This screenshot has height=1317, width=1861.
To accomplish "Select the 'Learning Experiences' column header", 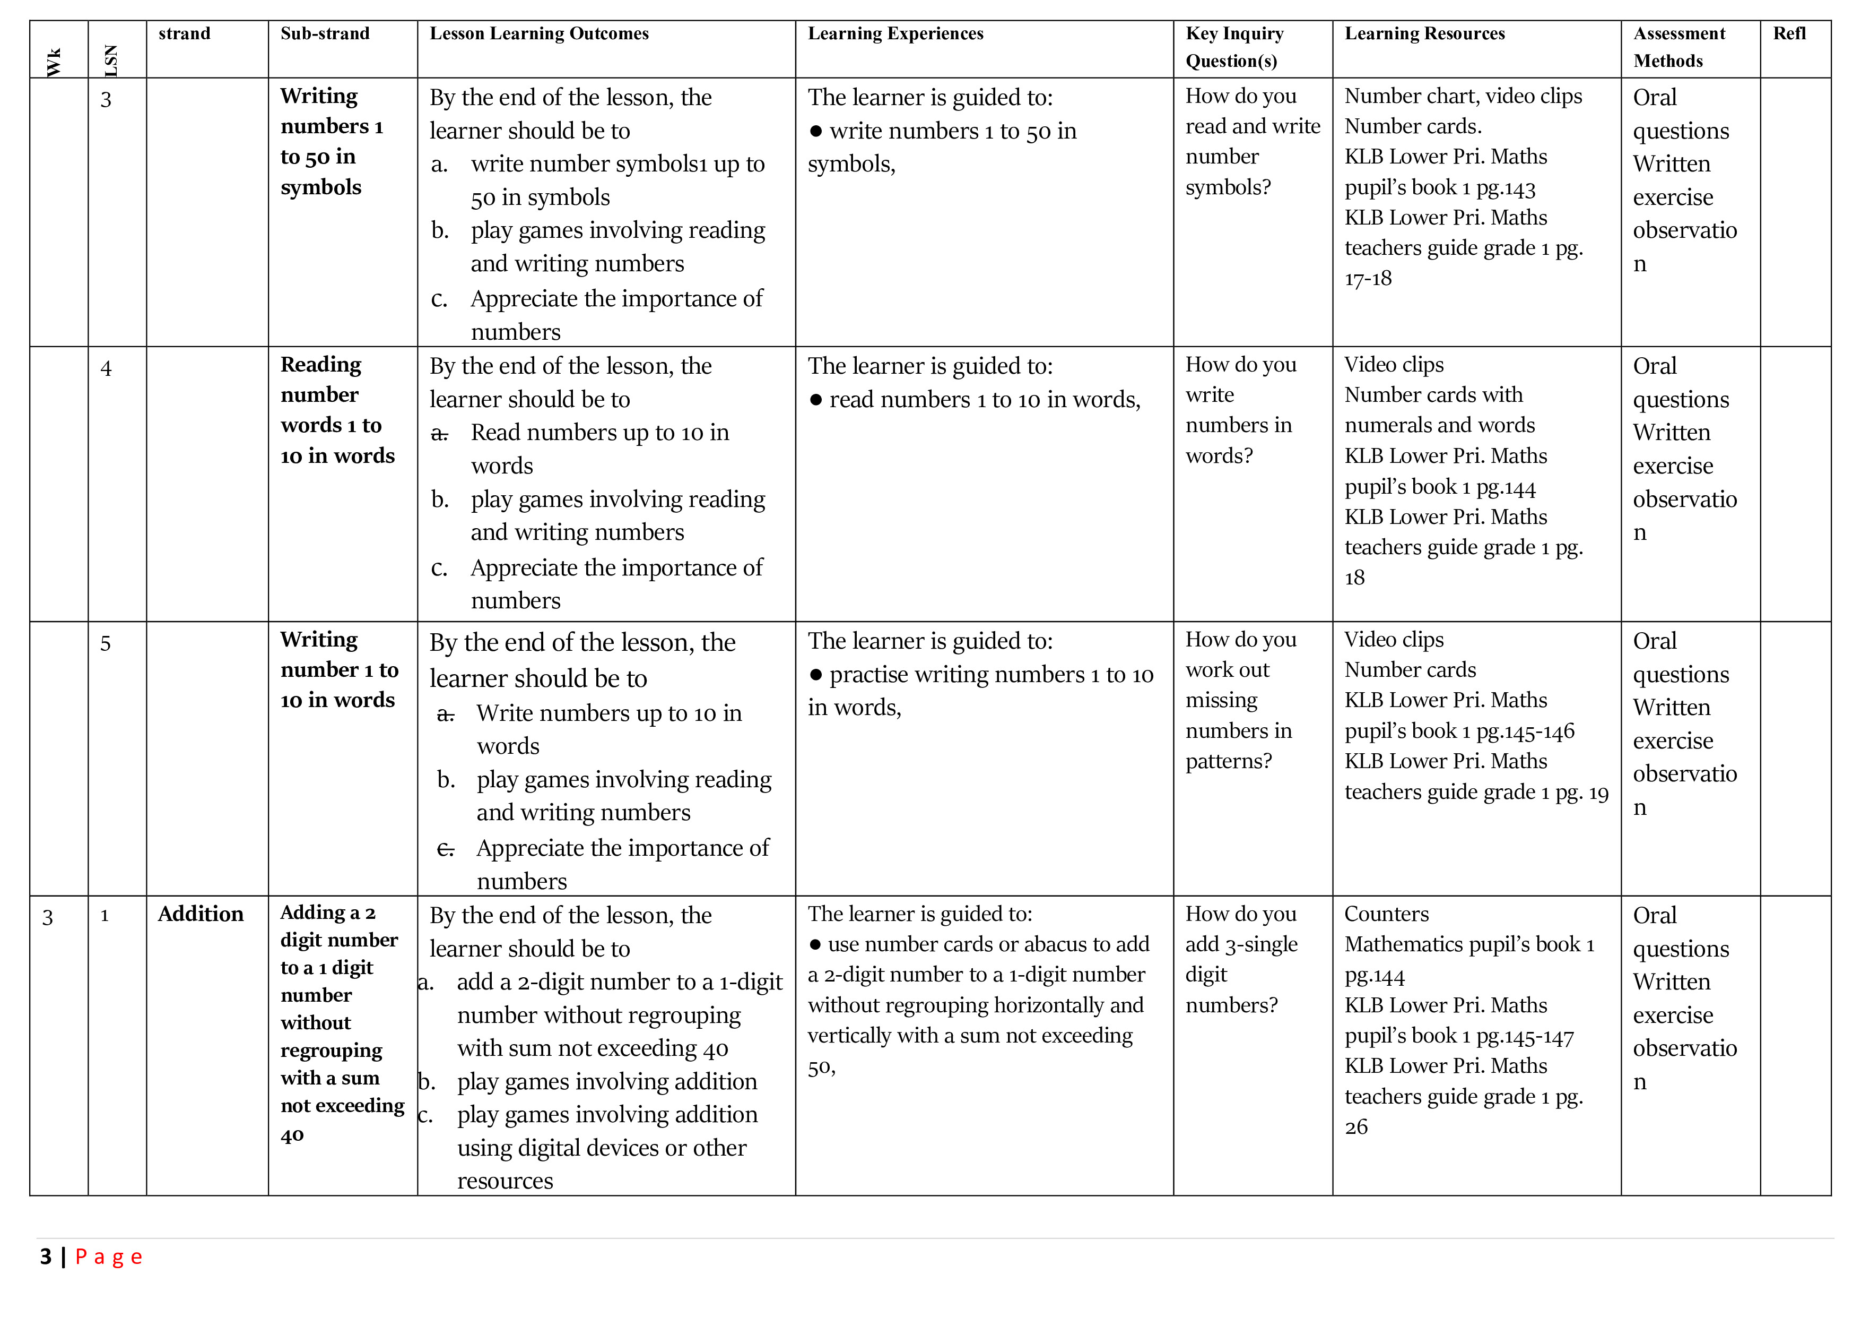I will (895, 33).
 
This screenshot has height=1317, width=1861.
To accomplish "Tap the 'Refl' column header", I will (1789, 33).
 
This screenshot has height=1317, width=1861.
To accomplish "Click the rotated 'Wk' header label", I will (54, 63).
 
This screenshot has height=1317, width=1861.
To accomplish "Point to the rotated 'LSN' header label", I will (111, 61).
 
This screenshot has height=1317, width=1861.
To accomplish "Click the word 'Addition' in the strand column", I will (200, 914).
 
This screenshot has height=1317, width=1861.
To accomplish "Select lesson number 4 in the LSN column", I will (106, 369).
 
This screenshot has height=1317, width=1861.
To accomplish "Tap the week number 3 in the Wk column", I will (48, 917).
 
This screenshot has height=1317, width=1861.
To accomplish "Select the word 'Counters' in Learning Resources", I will (1386, 914).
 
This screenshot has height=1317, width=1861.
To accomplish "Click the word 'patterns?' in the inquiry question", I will (1228, 762).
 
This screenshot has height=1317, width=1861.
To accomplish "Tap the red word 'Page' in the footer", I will (109, 1257).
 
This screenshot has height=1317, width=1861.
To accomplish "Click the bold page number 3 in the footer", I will (46, 1257).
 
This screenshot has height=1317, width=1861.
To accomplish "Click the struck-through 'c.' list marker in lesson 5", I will (445, 849).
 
